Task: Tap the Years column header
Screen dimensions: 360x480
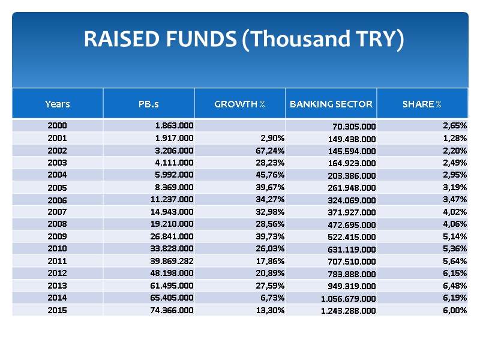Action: (x=58, y=104)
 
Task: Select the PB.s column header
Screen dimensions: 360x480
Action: (x=148, y=104)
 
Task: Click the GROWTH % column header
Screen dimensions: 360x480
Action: (x=240, y=104)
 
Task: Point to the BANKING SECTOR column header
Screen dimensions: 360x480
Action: (x=331, y=104)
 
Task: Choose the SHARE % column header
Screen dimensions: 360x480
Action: (x=422, y=104)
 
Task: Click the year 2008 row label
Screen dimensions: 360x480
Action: (x=58, y=224)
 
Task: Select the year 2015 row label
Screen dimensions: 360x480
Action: (x=58, y=310)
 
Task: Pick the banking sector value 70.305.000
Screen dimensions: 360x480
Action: (x=354, y=127)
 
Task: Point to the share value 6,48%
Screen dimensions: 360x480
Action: (x=454, y=285)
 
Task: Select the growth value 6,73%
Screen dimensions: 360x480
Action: (x=272, y=297)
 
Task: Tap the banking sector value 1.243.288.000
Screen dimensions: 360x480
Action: (x=349, y=310)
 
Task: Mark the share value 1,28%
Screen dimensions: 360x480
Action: (x=454, y=138)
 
